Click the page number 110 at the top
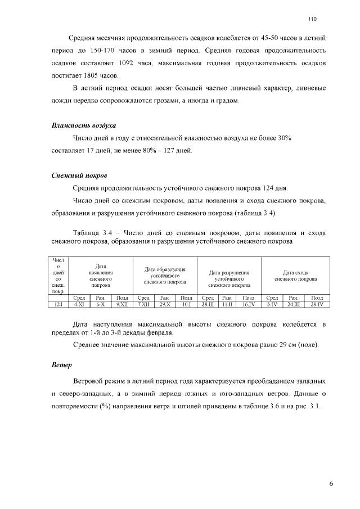[313, 19]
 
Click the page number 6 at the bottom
[331, 483]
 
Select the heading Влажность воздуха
[84, 125]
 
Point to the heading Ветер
[61, 364]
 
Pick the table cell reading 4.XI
[79, 304]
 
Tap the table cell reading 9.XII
[121, 304]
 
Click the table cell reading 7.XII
[143, 304]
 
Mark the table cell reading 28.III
[208, 304]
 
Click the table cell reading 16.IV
[249, 304]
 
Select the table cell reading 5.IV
[272, 304]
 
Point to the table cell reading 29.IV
[317, 304]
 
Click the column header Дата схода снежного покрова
[295, 276]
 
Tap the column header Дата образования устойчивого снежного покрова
[165, 276]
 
